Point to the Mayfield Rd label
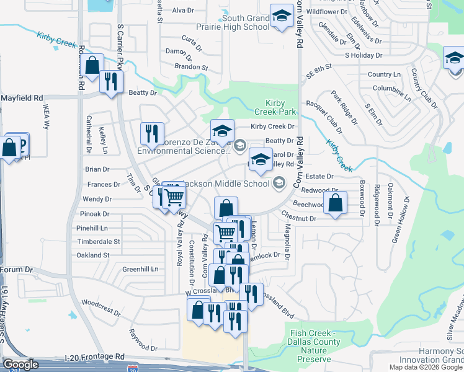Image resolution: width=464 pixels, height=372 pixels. point(22,98)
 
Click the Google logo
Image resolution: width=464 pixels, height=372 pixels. point(21,365)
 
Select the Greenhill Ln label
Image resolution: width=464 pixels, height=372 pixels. point(140,269)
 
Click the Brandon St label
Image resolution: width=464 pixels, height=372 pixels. point(190,66)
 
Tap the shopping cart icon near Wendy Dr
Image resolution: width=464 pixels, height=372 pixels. point(175,197)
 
